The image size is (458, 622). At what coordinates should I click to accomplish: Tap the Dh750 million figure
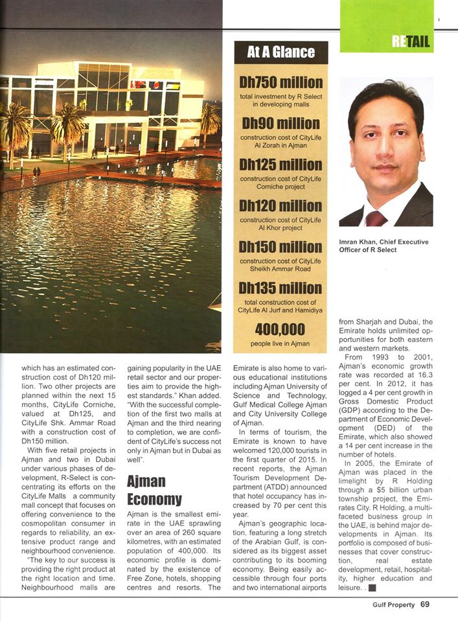pyautogui.click(x=281, y=83)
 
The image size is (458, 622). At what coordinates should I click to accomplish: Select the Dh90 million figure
pyautogui.click(x=281, y=124)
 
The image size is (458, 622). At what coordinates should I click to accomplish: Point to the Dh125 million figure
pyautogui.click(x=281, y=165)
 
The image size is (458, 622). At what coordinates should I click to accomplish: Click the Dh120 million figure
pyautogui.click(x=281, y=206)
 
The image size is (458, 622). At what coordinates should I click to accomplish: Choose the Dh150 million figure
pyautogui.click(x=281, y=247)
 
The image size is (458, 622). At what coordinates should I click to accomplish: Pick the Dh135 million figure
pyautogui.click(x=281, y=288)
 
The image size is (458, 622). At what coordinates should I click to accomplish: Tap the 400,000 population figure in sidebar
pyautogui.click(x=281, y=329)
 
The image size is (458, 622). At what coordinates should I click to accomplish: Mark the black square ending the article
pyautogui.click(x=372, y=588)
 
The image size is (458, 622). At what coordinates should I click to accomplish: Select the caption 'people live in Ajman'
pyautogui.click(x=281, y=343)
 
